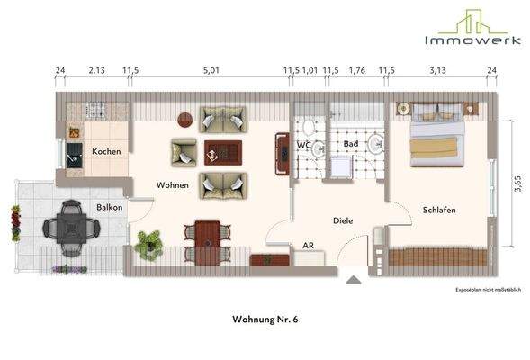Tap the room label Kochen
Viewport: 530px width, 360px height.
pos(106,151)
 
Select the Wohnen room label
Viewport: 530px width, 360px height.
pos(172,185)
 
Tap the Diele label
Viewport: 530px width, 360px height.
pos(343,219)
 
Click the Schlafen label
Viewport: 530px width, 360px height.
pos(439,210)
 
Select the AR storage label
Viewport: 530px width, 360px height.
pos(308,244)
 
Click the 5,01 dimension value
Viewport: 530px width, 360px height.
pos(211,68)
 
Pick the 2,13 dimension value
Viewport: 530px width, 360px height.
pos(96,68)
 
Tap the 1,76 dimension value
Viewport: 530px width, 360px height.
pos(356,68)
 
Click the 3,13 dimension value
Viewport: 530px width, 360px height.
pos(438,68)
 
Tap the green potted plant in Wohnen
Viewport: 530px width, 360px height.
pos(148,243)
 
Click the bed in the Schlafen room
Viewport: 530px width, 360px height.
pos(439,139)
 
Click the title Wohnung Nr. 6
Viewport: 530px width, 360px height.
pos(265,319)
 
